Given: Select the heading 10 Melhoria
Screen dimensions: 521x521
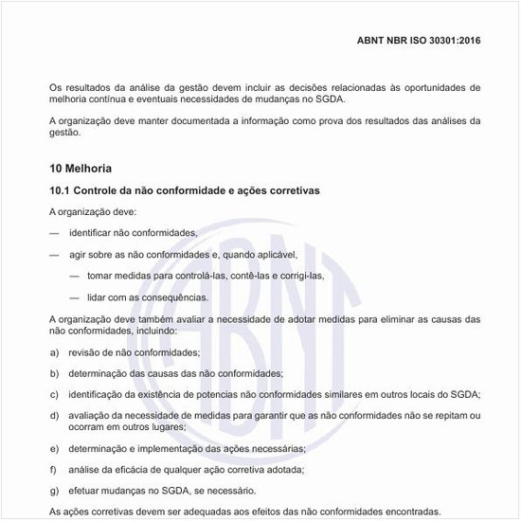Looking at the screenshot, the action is (x=81, y=169).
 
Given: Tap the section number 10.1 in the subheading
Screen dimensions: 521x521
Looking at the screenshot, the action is (x=61, y=190).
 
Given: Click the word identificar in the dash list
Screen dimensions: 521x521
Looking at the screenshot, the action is (x=91, y=233).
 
